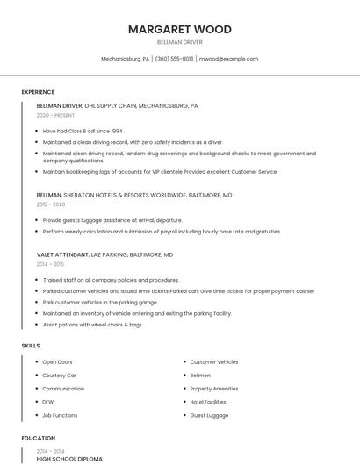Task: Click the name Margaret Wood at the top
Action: pos(179,29)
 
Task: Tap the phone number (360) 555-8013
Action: pos(174,59)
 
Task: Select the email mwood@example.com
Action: pos(228,59)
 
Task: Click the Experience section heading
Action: pos(38,92)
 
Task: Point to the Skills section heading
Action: pos(31,346)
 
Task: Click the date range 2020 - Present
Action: pos(55,115)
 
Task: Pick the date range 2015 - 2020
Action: pos(51,204)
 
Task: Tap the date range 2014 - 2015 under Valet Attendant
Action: pos(50,263)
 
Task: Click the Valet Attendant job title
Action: pos(62,254)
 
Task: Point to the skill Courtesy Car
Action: pos(59,375)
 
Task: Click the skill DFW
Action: pos(47,401)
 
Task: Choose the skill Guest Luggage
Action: pos(209,415)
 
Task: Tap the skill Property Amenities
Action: pos(213,388)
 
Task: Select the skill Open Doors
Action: pos(57,361)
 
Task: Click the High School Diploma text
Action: pos(69,459)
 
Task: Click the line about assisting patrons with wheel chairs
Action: pos(92,325)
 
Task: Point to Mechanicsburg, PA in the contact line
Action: pos(126,59)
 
